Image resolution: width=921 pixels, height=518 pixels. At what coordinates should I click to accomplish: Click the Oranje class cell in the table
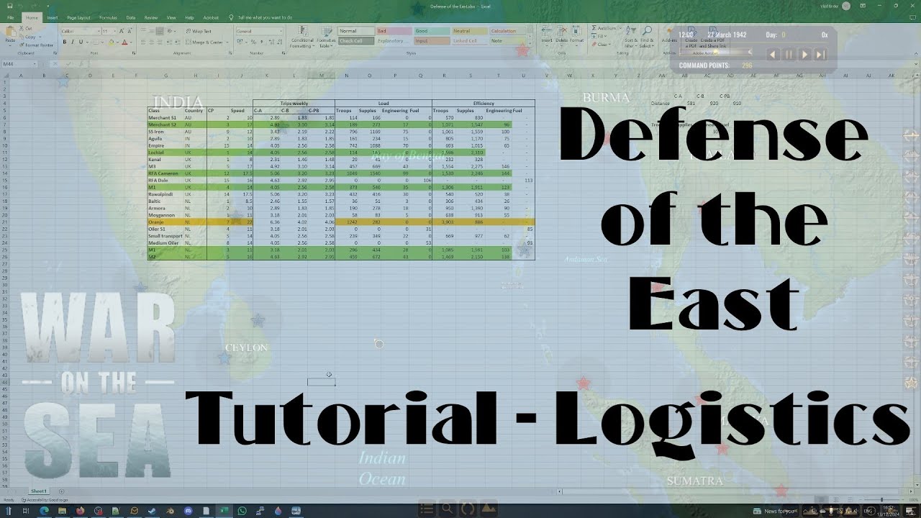pyautogui.click(x=157, y=222)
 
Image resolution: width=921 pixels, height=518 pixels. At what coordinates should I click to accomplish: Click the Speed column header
pyautogui.click(x=237, y=111)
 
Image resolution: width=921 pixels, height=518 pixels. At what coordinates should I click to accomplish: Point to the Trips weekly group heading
pyautogui.click(x=294, y=104)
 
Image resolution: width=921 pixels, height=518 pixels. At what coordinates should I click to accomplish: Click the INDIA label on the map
pyautogui.click(x=178, y=102)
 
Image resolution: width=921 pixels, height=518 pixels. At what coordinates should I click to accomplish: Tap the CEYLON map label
pyautogui.click(x=246, y=347)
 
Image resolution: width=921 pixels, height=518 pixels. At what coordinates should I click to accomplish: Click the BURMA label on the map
pyautogui.click(x=606, y=97)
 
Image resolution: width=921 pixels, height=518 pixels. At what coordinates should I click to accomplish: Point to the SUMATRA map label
pyautogui.click(x=694, y=481)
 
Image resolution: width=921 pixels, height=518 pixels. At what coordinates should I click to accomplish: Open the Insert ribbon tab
pyautogui.click(x=53, y=17)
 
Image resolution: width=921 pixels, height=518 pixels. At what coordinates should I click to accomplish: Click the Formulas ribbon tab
pyautogui.click(x=108, y=17)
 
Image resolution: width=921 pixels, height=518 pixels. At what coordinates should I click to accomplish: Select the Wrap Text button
pyautogui.click(x=199, y=32)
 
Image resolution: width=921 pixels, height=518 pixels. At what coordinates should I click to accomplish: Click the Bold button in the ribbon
pyautogui.click(x=65, y=42)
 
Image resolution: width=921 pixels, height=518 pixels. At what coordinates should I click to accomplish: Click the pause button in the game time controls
pyautogui.click(x=789, y=55)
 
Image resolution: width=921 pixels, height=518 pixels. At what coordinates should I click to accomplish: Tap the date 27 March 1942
pyautogui.click(x=727, y=35)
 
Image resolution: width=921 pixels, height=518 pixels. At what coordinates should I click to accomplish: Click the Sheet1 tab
pyautogui.click(x=39, y=491)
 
